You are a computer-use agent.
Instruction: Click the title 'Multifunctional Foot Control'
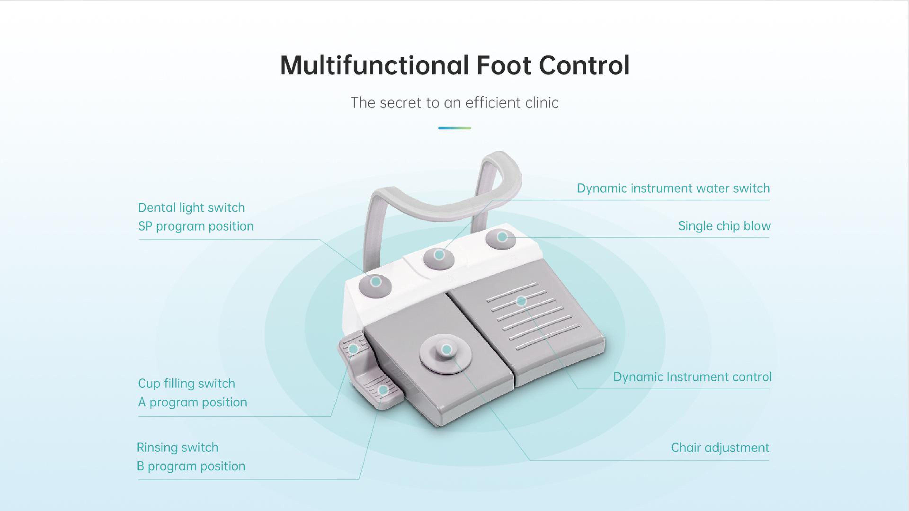click(x=454, y=65)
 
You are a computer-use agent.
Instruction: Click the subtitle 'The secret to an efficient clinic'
click(x=454, y=103)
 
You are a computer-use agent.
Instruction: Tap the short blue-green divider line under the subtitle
click(x=454, y=128)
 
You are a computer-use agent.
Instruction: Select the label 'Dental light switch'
click(x=191, y=207)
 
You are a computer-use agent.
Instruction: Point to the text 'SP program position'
click(x=196, y=226)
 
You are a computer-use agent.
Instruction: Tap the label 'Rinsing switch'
click(x=178, y=448)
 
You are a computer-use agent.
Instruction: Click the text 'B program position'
click(x=191, y=466)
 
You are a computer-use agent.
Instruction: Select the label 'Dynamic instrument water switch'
click(x=673, y=188)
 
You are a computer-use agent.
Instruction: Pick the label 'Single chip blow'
click(x=724, y=226)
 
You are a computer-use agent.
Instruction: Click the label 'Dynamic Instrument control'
click(x=692, y=377)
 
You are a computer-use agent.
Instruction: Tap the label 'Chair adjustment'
click(x=720, y=448)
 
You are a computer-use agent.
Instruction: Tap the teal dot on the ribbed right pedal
click(x=521, y=301)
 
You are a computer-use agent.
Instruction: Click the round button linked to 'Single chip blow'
click(x=501, y=238)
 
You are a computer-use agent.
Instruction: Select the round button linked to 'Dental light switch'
click(x=375, y=285)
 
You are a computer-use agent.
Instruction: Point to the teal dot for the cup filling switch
click(x=353, y=349)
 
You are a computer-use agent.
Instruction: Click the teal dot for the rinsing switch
click(x=383, y=390)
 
